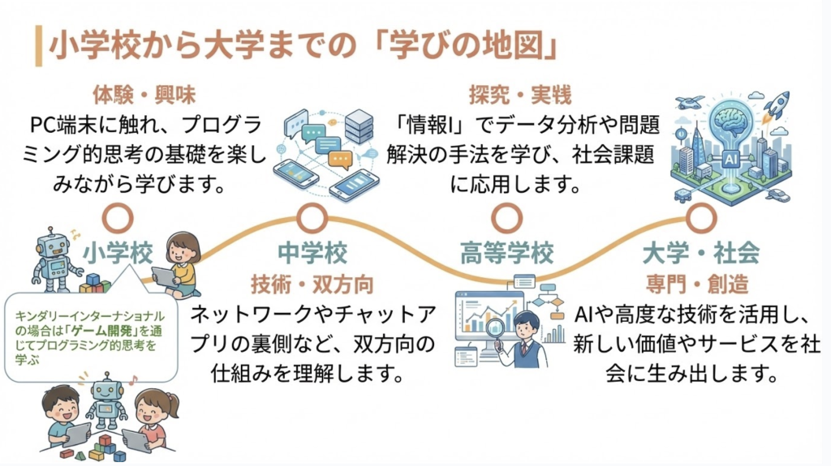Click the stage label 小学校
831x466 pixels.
[x=118, y=254]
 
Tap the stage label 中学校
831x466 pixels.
[x=312, y=254]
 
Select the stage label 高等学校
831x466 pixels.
[x=506, y=254]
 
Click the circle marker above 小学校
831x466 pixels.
[x=118, y=218]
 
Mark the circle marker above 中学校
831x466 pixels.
[x=312, y=218]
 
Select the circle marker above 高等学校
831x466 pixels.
[x=506, y=218]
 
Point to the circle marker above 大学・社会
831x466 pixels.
[x=700, y=218]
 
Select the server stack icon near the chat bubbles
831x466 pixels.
[x=359, y=125]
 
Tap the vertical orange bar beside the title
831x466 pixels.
[x=38, y=47]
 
